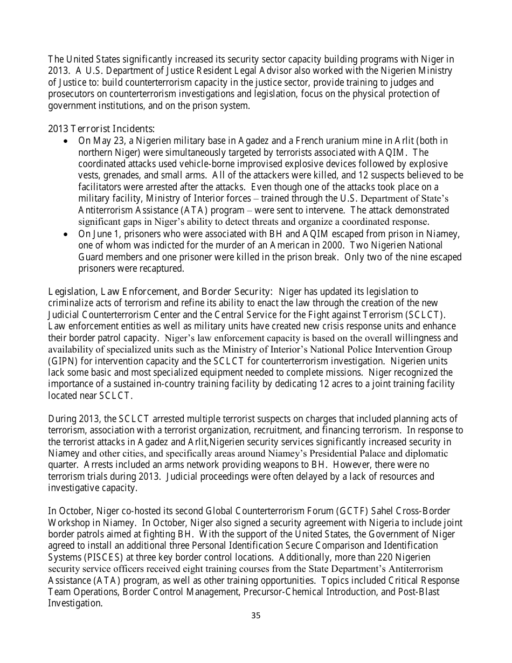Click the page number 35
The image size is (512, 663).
[x=256, y=616]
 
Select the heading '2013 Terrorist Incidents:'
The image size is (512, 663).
[x=101, y=129]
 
